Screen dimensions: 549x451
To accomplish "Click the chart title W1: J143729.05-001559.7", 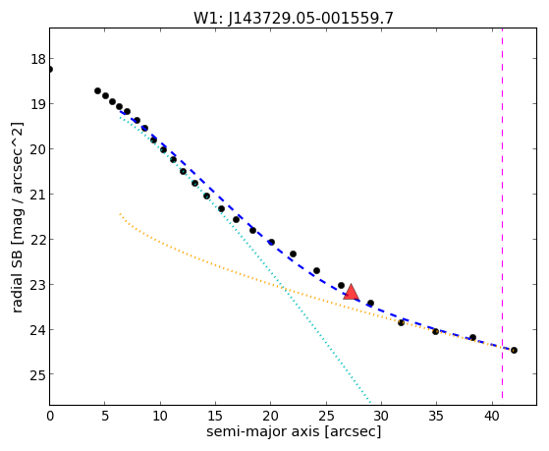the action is [x=294, y=18].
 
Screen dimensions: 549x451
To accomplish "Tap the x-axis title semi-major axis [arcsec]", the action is [x=294, y=430].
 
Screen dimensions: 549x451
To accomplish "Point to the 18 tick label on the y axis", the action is [x=38, y=59].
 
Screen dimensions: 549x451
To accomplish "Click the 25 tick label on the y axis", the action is [x=38, y=375].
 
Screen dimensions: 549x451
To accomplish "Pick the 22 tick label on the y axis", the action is [x=38, y=240].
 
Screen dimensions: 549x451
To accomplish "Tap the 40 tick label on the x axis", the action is [x=491, y=417].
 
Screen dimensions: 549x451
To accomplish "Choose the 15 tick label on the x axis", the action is [x=215, y=417].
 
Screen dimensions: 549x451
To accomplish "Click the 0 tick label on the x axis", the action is [x=50, y=417].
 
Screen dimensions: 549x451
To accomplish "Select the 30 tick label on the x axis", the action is [x=381, y=417].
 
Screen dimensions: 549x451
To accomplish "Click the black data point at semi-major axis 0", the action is [x=50, y=69].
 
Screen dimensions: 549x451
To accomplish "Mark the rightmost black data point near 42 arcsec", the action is [x=514, y=350].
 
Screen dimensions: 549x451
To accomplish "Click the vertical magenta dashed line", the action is [x=503, y=213].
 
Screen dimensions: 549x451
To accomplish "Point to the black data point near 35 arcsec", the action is [x=435, y=331].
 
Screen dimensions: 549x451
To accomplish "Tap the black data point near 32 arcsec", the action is [x=402, y=322].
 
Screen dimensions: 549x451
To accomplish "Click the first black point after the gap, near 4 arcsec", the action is [x=97, y=90].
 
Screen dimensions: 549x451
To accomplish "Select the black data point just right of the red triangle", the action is [x=371, y=303].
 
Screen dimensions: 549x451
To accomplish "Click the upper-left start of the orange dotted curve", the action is [x=120, y=213].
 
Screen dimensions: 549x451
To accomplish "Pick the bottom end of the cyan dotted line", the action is [x=370, y=403].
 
